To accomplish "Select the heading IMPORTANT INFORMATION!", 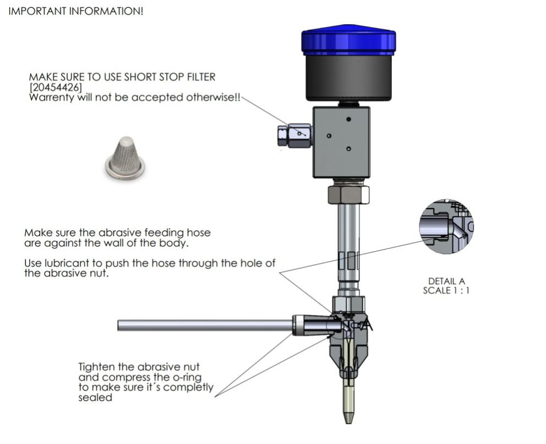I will tap(76, 12).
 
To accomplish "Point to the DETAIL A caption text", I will tap(446, 281).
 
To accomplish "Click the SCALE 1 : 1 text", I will tap(446, 290).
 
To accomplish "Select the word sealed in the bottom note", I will tap(95, 398).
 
